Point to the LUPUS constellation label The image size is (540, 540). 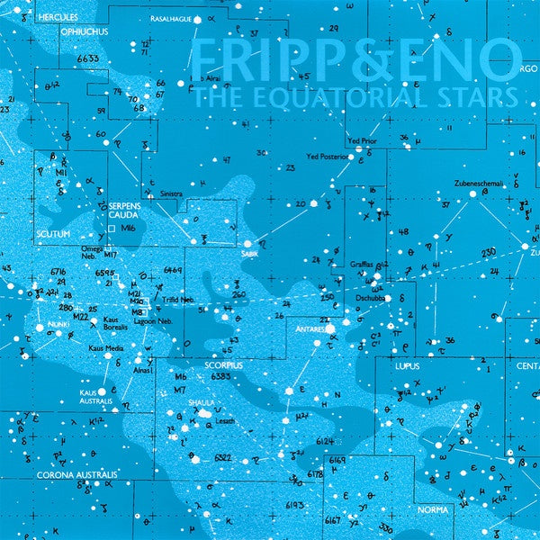coord(408,368)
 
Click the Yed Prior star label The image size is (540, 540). coord(363,142)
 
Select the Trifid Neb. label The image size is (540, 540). coord(180,299)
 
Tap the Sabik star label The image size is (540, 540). coord(249,254)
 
